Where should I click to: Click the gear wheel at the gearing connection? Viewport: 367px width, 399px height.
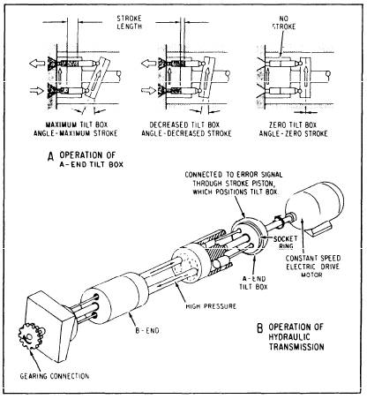click(30, 336)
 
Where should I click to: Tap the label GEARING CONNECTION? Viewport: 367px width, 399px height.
click(55, 376)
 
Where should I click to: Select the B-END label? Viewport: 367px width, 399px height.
click(147, 330)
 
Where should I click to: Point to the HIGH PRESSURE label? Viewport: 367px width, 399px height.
click(211, 306)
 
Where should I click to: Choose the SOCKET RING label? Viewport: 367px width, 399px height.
click(285, 242)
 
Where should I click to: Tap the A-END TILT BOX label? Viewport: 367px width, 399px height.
click(253, 282)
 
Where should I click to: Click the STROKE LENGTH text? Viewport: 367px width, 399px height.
click(130, 22)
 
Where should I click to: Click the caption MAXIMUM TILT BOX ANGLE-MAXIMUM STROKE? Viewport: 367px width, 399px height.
click(75, 129)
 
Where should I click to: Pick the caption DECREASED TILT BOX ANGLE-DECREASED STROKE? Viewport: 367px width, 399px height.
click(186, 129)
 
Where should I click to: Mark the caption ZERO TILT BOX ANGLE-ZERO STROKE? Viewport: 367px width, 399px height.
click(293, 129)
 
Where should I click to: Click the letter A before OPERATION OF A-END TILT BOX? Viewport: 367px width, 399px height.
click(50, 157)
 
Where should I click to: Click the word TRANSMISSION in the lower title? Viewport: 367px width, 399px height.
click(296, 346)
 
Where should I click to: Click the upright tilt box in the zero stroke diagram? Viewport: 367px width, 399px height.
click(306, 78)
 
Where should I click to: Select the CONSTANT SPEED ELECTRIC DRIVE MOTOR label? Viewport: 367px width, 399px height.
click(313, 267)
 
